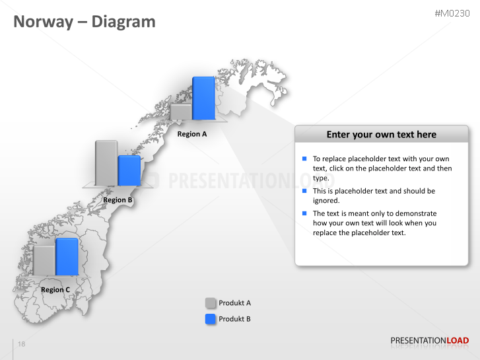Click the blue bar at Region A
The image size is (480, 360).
pos(204,98)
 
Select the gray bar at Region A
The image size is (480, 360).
pos(181,111)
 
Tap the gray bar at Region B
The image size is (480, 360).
pos(106,162)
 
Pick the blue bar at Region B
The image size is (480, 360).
pos(129,170)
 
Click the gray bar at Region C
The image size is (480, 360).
pos(44,260)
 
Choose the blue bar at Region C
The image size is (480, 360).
pos(67,256)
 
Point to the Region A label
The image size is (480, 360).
pos(192,134)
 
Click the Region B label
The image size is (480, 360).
pos(118,199)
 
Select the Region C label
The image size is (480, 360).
pos(55,289)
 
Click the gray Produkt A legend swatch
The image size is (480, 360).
pos(211,303)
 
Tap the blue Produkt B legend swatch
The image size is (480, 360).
pos(211,319)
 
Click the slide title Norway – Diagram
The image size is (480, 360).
pos(85,22)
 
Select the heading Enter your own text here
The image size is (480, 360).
pos(382,134)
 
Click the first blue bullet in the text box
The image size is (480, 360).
pos(304,159)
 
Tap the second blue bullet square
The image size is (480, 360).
pos(304,191)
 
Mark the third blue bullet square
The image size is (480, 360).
pos(304,213)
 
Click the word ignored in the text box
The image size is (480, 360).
pos(326,200)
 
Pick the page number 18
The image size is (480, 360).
pos(22,345)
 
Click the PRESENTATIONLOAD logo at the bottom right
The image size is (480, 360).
pos(430,341)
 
